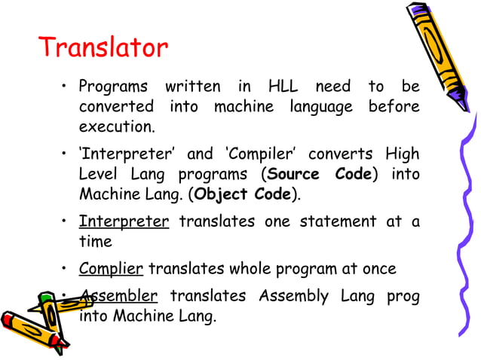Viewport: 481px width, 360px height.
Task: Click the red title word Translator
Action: tap(103, 48)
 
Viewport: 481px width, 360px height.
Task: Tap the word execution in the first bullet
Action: tap(117, 127)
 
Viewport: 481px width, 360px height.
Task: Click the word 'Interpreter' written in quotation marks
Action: tap(125, 154)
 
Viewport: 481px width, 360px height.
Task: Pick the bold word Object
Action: tap(222, 194)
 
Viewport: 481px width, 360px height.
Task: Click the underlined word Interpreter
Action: tap(124, 221)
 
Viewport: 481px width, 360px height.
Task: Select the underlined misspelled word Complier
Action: tap(112, 269)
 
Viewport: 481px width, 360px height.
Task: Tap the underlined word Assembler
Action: tap(118, 296)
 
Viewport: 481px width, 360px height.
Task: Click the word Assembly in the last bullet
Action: tap(293, 296)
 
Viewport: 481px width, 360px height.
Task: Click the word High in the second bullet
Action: tap(403, 154)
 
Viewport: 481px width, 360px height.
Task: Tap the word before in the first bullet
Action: tap(394, 107)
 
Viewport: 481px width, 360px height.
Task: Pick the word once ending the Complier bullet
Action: tap(378, 269)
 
